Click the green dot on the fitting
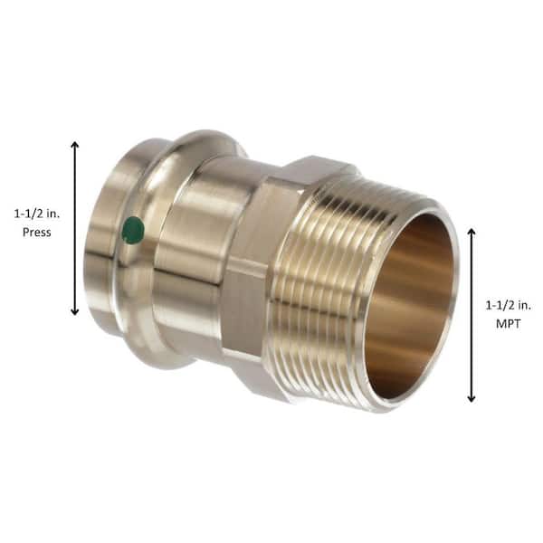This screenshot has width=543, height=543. [133, 230]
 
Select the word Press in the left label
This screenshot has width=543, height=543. [35, 232]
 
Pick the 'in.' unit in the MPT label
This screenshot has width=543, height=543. [520, 305]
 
